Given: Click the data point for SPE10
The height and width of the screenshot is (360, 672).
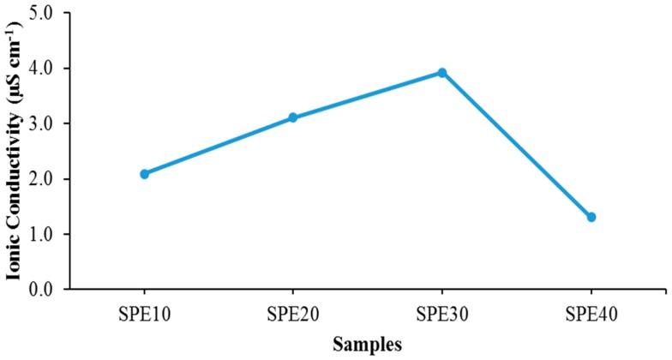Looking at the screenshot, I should pos(144,174).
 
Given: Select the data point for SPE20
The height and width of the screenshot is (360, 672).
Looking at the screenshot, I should pos(293,117).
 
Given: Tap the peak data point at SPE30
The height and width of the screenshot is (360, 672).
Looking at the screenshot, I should pos(442,73).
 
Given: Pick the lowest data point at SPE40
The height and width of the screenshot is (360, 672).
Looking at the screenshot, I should pos(591,217).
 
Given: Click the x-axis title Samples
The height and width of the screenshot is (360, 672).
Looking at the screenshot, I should pos(368,345).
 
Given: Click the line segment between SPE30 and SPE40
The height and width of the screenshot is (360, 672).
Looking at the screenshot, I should pos(517,145).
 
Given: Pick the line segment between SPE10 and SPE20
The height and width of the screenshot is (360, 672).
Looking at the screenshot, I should pos(219,146).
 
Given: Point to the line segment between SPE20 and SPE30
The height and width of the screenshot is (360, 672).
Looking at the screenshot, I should pos(368,95).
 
